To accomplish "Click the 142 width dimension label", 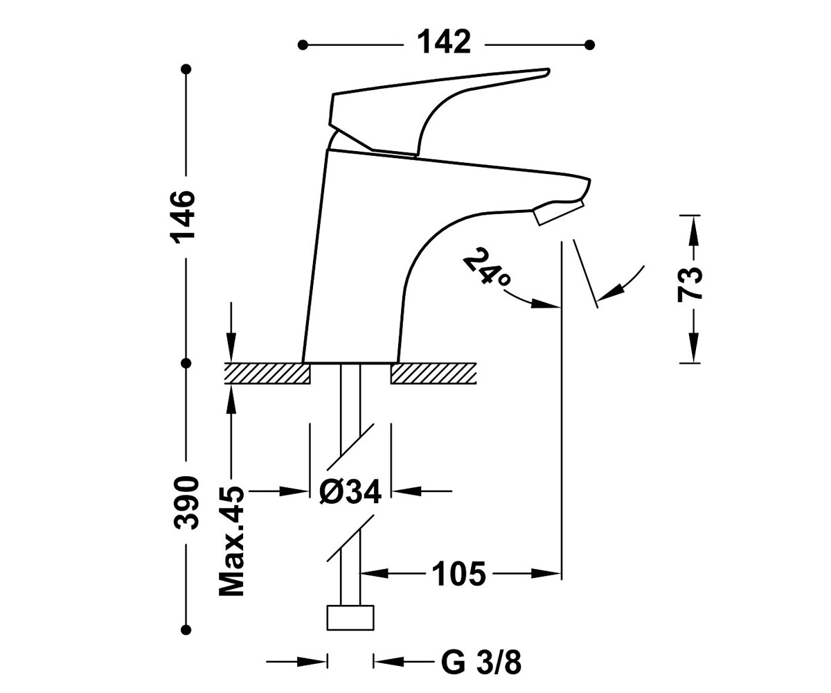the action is point(444,42).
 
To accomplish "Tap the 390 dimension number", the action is point(186,502).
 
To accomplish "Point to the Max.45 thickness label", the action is point(231,541).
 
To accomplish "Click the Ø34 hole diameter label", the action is point(350,492).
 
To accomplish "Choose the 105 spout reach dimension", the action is point(459,574).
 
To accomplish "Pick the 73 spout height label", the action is point(690,286).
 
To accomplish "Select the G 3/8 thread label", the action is point(481,663).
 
